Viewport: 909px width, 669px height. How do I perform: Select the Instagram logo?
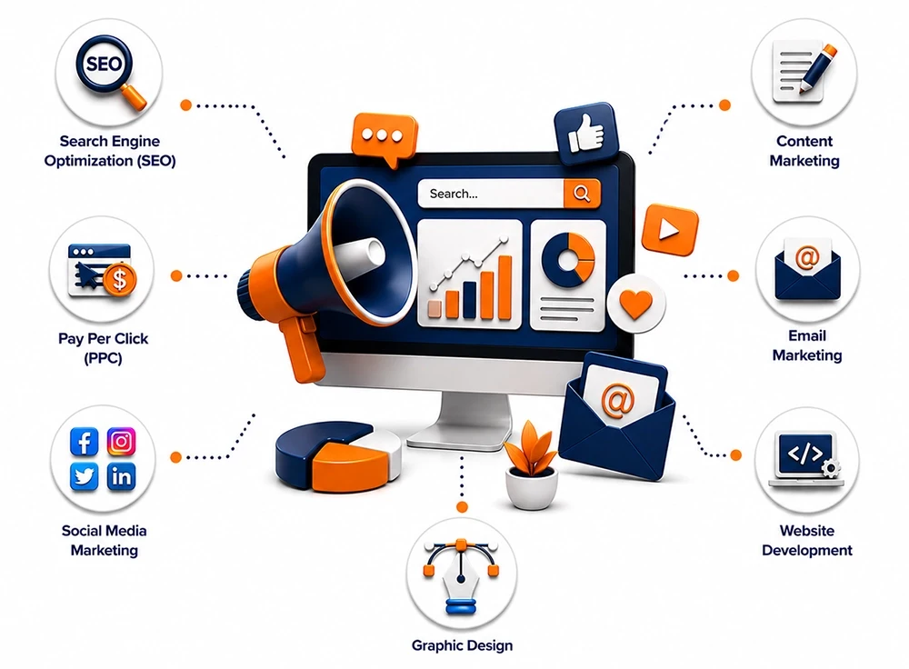(121, 442)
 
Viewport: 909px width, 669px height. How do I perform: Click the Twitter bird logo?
(84, 477)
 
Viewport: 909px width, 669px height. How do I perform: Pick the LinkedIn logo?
(121, 477)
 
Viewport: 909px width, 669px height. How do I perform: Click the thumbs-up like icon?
(586, 134)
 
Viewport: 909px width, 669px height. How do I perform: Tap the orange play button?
(670, 230)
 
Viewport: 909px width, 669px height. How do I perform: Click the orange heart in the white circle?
(636, 304)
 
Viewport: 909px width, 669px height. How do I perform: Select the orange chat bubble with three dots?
(384, 139)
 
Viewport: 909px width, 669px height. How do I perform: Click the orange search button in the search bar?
(582, 193)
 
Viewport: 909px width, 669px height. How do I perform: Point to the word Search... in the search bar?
(454, 194)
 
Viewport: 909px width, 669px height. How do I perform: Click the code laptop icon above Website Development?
(805, 460)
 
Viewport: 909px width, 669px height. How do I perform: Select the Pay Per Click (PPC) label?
(104, 348)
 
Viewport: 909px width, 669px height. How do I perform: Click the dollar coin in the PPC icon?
(119, 280)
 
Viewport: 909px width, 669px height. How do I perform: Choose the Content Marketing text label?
(804, 151)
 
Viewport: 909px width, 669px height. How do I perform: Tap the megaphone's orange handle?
(303, 349)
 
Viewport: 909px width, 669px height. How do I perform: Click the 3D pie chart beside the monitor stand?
(338, 457)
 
